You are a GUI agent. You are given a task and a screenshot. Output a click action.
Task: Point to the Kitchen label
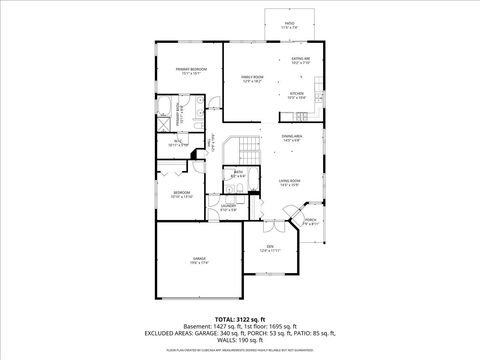[296, 96]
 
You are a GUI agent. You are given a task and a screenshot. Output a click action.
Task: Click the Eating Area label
[299, 61]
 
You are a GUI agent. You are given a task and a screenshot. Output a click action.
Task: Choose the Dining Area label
[291, 138]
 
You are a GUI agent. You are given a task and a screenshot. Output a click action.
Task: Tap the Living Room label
[289, 183]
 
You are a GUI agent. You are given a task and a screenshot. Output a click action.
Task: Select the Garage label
[200, 260]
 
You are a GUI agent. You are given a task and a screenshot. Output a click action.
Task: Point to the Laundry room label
[228, 207]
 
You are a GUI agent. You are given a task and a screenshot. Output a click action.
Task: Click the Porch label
[311, 221]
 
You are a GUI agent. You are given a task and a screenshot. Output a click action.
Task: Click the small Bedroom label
[181, 194]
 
